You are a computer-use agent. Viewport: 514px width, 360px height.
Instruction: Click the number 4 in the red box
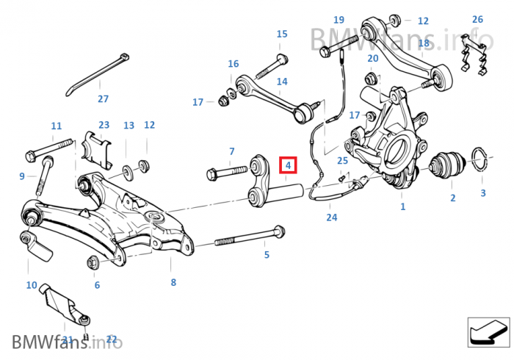coord(289,166)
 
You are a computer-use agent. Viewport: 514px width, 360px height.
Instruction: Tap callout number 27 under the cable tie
coord(103,98)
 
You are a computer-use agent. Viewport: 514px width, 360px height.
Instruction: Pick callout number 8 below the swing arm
coord(173,282)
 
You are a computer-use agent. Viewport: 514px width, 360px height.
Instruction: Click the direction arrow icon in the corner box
coord(488,333)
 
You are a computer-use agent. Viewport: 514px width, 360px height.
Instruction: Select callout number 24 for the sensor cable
coord(332,217)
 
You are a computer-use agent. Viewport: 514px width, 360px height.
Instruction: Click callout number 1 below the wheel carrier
coord(402,207)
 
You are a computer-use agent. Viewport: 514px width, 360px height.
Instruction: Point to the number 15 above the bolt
coord(282,35)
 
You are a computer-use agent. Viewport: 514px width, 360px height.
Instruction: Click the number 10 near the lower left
coord(32,285)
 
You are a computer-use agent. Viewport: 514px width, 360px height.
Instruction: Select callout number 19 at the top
coord(339,20)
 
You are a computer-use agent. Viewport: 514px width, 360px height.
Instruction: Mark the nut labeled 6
coord(94,261)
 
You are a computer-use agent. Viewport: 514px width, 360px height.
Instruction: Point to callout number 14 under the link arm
coord(282,82)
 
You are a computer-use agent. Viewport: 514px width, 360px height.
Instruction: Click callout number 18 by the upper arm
coord(424,44)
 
